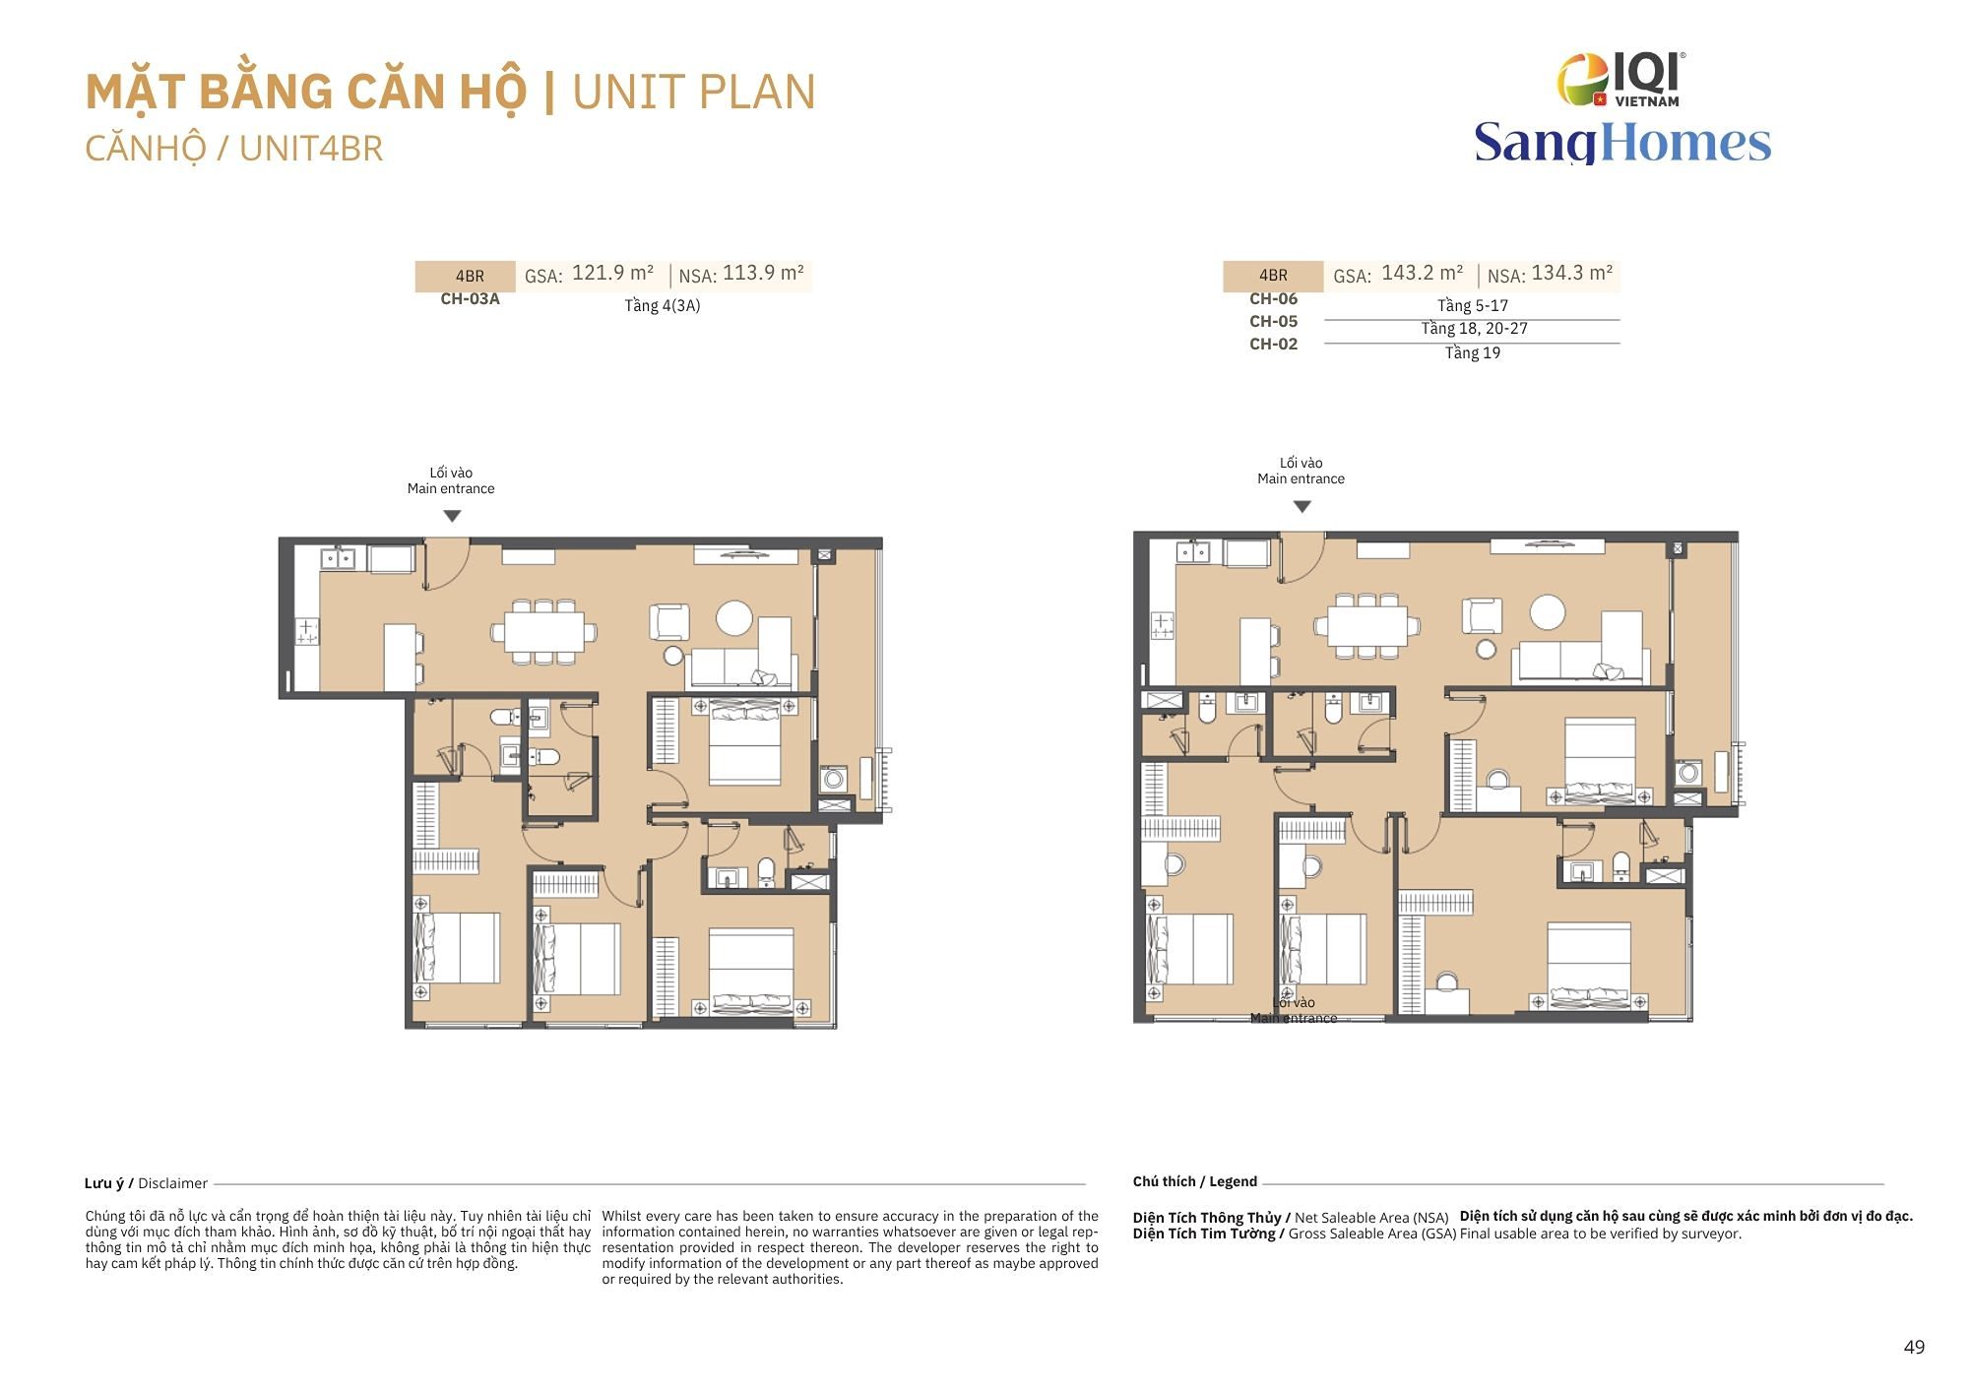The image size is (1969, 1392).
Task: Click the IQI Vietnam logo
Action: [x=1621, y=79]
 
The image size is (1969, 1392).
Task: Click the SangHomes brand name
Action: [x=1622, y=142]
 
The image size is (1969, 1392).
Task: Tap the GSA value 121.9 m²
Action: [x=612, y=273]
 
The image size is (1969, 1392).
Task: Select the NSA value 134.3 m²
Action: [x=1572, y=273]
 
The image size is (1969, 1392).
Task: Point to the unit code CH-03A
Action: [x=470, y=299]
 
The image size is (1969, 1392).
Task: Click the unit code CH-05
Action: [x=1273, y=322]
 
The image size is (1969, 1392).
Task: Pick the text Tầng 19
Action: [x=1473, y=352]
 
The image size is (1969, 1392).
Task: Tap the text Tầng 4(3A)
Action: [x=663, y=305]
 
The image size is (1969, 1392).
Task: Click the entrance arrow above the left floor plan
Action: [x=452, y=516]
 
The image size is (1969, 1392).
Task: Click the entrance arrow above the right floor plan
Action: [x=1302, y=507]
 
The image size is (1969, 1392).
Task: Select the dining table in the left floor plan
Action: [x=544, y=631]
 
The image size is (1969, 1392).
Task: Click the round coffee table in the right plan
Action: [x=1548, y=612]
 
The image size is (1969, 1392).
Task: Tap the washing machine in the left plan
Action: [x=834, y=780]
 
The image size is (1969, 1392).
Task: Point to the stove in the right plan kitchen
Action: [x=1163, y=624]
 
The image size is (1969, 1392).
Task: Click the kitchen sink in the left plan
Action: [x=339, y=558]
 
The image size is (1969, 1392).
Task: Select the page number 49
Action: [x=1914, y=1348]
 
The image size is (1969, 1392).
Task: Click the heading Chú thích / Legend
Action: [x=1194, y=1181]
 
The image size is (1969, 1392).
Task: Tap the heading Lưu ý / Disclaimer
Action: [x=146, y=1183]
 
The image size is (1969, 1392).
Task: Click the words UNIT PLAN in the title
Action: [x=693, y=92]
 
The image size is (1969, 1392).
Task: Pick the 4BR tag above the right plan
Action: [x=1273, y=276]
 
